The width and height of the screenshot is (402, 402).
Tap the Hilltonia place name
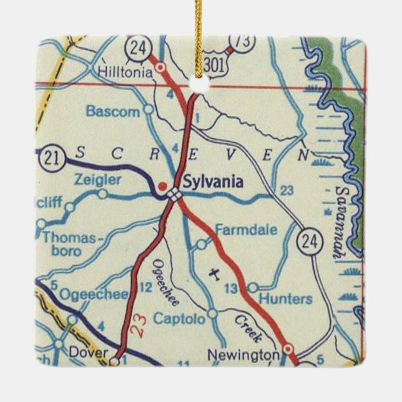(124, 72)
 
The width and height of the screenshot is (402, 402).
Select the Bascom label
(113, 112)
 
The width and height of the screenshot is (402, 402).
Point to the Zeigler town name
(97, 180)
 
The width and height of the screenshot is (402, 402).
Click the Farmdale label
(246, 230)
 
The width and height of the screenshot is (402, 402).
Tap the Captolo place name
(180, 319)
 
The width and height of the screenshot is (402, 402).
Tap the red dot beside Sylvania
(162, 185)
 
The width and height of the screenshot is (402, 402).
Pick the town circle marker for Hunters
(252, 287)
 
